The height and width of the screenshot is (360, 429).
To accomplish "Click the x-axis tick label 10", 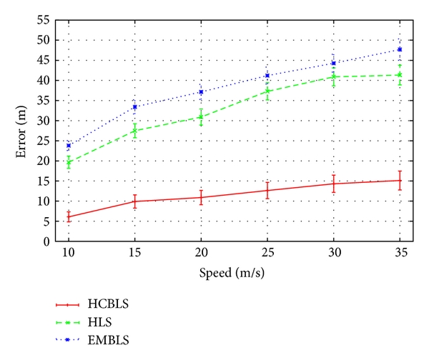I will point(69,254).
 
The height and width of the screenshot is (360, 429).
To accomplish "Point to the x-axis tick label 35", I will point(400,254).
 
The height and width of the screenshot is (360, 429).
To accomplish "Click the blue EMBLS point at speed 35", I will point(400,49).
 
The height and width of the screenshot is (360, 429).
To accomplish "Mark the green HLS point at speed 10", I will point(69,163).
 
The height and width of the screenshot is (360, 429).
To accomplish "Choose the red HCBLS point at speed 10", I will point(69,216).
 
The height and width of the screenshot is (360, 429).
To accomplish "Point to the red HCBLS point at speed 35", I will point(400,181).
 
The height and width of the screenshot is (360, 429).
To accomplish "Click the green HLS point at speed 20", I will point(201,116).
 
